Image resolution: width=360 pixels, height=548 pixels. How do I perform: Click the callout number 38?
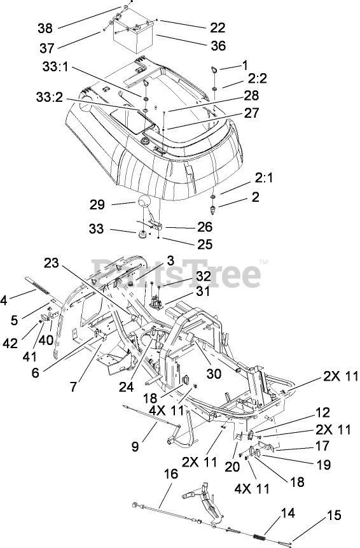pyautogui.click(x=45, y=28)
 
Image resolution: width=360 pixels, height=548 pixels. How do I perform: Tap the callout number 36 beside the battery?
pyautogui.click(x=218, y=45)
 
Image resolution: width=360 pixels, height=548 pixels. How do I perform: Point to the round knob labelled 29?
pyautogui.click(x=144, y=202)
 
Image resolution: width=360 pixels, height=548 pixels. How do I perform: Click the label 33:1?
pyautogui.click(x=55, y=66)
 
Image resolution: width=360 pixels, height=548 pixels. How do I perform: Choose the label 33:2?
pyautogui.click(x=49, y=97)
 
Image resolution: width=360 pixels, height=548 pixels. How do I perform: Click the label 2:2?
pyautogui.click(x=258, y=78)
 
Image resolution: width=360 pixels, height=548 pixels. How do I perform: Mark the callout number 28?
pyautogui.click(x=251, y=95)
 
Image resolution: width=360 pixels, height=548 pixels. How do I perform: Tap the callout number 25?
pyautogui.click(x=205, y=244)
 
